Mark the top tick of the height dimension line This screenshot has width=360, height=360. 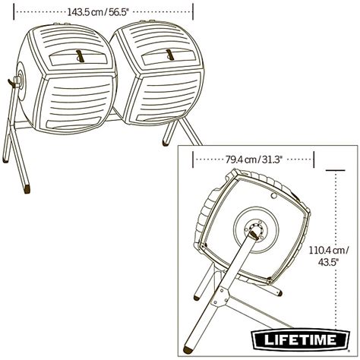335,169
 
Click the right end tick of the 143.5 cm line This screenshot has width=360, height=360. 193,11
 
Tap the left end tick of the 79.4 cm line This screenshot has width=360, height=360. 195,159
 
